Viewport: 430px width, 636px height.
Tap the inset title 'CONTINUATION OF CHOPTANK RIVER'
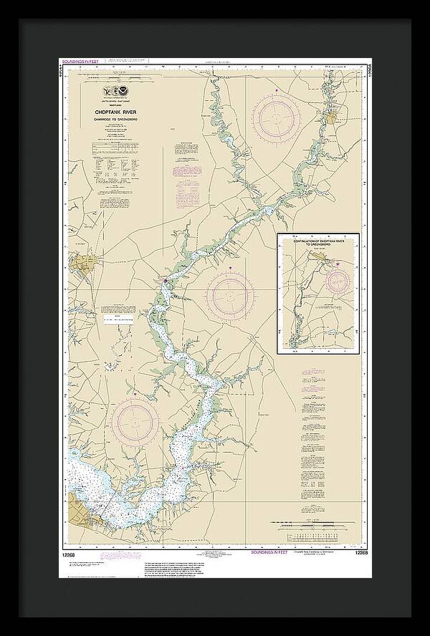tap(318, 242)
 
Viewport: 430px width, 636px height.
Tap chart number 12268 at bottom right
tap(362, 554)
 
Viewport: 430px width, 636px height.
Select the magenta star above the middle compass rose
tap(230, 268)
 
